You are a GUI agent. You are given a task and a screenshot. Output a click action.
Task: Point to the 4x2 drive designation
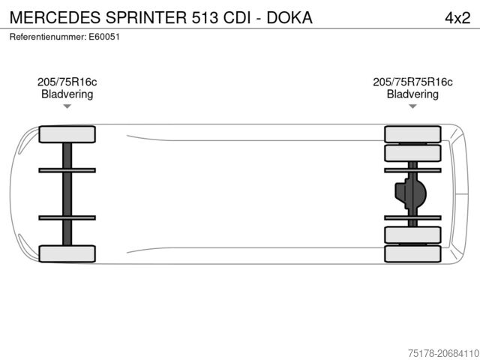coord(455,16)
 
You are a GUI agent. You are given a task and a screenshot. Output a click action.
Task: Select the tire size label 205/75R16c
coord(67,82)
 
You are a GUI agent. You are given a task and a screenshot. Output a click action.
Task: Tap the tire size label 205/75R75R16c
coord(412,82)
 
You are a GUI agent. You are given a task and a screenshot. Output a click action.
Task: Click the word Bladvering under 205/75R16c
coord(67,94)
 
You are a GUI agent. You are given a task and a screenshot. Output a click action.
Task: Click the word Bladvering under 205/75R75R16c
coord(412,94)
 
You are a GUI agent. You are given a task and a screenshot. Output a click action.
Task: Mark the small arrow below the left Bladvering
coord(67,106)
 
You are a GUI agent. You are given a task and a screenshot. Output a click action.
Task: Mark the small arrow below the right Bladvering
coord(412,106)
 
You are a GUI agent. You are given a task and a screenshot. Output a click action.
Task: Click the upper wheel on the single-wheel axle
coord(67,134)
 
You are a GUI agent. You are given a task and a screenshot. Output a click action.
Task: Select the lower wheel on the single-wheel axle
coord(67,253)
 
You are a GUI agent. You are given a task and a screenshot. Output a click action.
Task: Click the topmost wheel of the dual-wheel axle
coord(412,134)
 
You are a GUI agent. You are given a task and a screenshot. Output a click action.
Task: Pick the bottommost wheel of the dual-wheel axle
coord(412,253)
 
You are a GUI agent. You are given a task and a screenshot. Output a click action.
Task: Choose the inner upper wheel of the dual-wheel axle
coord(412,153)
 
